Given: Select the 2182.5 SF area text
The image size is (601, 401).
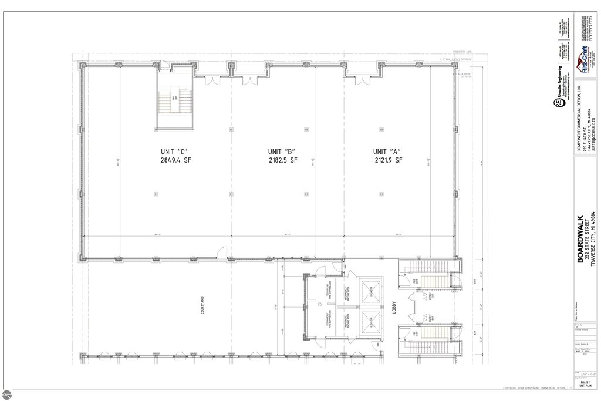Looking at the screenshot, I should pyautogui.click(x=282, y=160).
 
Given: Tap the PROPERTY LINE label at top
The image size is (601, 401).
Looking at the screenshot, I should pyautogui.click(x=470, y=52).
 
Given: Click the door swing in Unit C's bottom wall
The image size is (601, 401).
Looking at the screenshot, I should pyautogui.click(x=219, y=253).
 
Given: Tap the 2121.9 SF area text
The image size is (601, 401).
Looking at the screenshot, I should pyautogui.click(x=387, y=160).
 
